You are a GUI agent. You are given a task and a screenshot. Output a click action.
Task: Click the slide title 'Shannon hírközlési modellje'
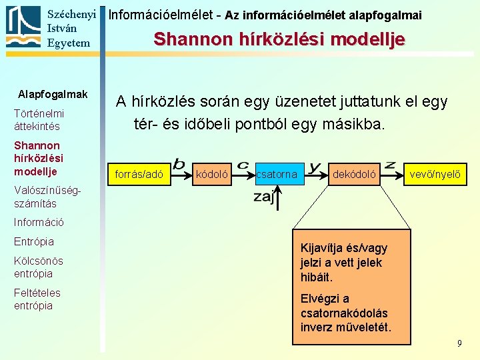point(279,39)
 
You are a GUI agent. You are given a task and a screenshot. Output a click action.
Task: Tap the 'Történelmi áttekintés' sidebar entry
point(39,120)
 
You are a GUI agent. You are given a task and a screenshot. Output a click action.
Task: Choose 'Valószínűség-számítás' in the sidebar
point(43,197)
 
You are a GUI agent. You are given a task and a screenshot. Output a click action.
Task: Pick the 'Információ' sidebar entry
point(39,222)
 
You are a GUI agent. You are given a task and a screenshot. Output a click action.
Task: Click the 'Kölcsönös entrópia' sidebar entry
point(38,267)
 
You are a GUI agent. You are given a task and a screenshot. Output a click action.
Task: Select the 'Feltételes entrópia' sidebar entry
point(37,299)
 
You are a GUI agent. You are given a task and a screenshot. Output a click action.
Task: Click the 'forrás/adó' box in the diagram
point(139,175)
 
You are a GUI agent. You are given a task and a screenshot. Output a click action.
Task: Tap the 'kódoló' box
point(212,175)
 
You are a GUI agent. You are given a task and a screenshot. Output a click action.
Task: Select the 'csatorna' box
point(277,175)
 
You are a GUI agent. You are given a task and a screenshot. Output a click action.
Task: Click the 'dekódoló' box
point(355,175)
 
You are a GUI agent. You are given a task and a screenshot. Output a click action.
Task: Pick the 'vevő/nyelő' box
point(434,175)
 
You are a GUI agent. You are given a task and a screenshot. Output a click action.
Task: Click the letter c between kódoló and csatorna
point(243,164)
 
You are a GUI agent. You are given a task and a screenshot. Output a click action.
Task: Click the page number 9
point(459,343)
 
